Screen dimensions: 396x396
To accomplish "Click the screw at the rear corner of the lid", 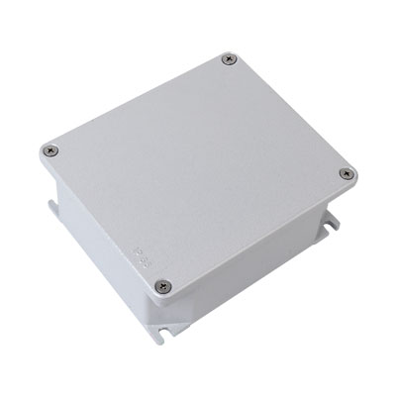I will pyautogui.click(x=231, y=59).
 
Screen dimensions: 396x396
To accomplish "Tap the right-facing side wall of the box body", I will pyautogui.click(x=267, y=287).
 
